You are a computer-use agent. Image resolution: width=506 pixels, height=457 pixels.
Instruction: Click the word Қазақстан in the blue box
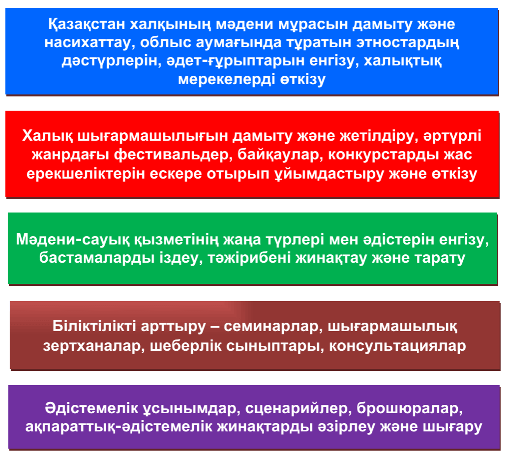[x=87, y=25]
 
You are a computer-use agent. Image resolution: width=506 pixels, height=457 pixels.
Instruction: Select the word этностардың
[x=407, y=43]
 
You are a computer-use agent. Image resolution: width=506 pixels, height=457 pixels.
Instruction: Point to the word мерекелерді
[x=227, y=79]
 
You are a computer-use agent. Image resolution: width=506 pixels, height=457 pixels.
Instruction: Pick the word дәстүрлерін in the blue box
[x=111, y=61]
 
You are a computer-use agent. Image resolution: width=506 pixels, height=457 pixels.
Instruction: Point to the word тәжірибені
[x=249, y=258]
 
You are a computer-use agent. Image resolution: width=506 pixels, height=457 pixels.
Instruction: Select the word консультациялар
[x=397, y=346]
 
